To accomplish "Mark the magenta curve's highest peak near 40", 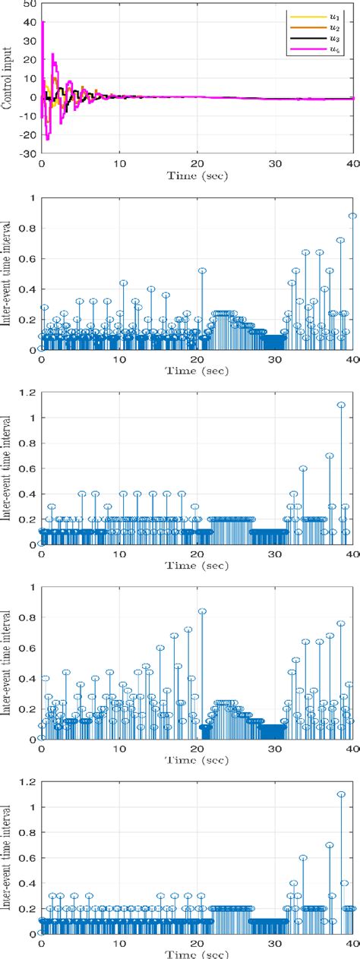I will click(x=43, y=22).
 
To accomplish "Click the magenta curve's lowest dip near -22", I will click(x=47, y=139).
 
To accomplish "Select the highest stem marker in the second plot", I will click(x=352, y=216).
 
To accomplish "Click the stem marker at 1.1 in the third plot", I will click(x=341, y=405).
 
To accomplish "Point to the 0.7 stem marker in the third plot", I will click(x=330, y=456).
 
